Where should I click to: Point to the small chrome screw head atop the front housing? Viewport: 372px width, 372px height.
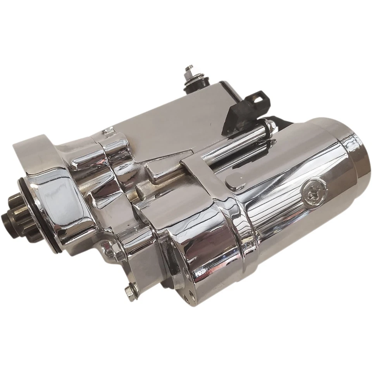pos(109,131)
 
